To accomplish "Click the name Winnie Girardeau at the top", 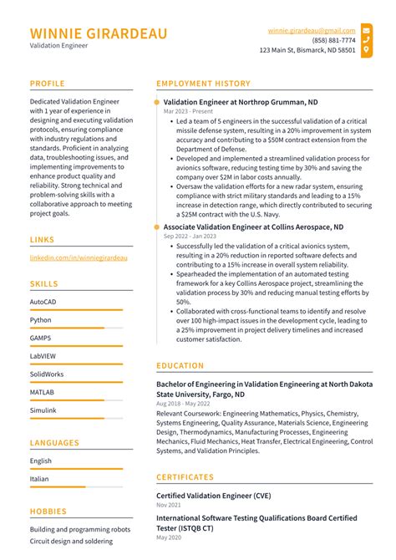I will click(x=98, y=33).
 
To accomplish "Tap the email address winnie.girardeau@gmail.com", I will click(x=312, y=29).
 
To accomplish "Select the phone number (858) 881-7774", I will click(x=333, y=39).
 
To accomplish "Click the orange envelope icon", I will click(x=366, y=29).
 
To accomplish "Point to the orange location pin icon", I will click(x=366, y=50).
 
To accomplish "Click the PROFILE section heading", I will click(x=48, y=84).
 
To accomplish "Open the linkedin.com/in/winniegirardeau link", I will click(x=79, y=258).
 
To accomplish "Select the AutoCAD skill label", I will click(x=43, y=301).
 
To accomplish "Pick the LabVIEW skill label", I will click(x=43, y=356).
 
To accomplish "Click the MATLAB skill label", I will click(x=43, y=392).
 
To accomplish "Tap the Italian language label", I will click(x=39, y=479).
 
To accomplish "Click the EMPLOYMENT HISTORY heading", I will click(x=203, y=84).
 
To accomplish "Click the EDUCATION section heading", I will click(x=180, y=365).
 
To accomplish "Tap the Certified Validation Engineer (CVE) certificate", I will click(x=213, y=495).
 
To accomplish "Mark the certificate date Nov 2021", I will click(x=169, y=505).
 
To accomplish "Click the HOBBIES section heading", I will click(x=48, y=511).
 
